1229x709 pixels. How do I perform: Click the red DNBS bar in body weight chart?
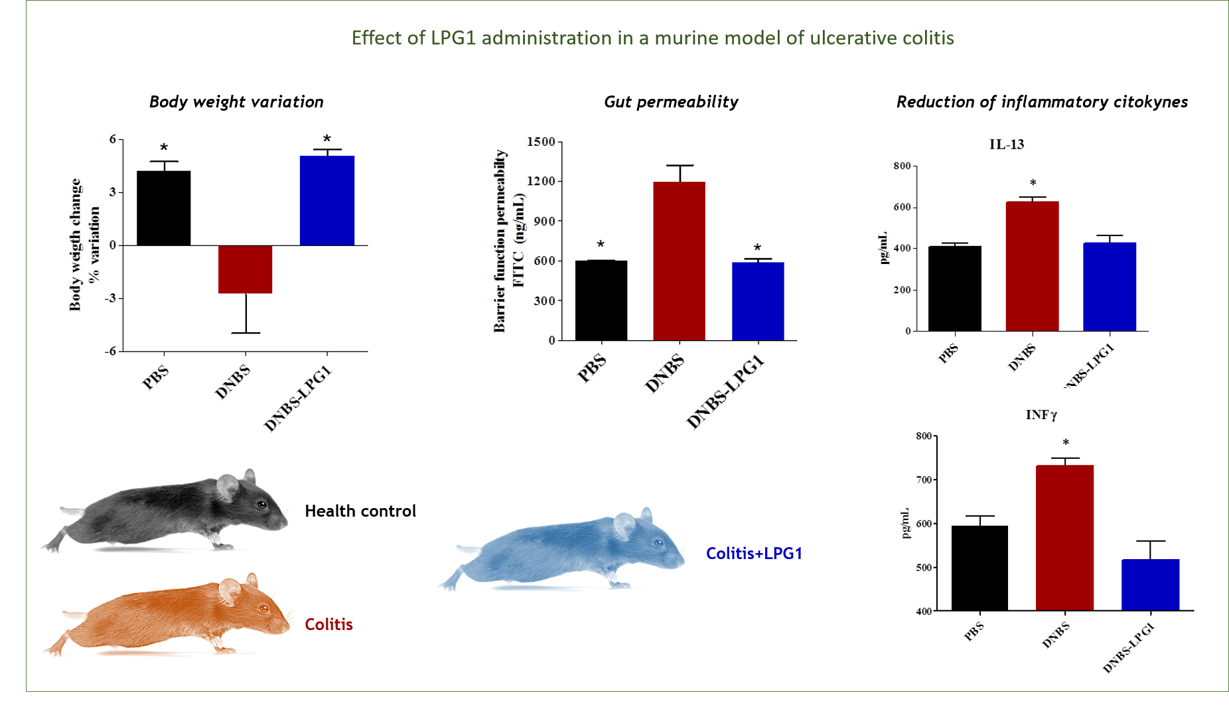245,269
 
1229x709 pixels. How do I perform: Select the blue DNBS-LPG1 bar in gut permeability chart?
758,301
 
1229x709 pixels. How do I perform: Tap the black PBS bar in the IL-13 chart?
954,289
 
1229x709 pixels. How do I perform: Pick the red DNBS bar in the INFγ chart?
1064,537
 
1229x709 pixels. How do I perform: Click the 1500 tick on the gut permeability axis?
542,142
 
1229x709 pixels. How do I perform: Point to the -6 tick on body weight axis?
110,352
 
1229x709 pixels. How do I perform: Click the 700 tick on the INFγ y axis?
924,480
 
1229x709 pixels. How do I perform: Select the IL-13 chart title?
1006,145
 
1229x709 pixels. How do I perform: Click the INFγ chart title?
1041,415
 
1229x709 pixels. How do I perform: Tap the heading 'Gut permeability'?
671,101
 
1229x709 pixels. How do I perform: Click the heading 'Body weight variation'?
236,101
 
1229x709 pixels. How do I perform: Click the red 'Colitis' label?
328,624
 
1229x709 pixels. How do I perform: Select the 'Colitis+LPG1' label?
754,553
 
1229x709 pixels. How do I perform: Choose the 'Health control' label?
360,511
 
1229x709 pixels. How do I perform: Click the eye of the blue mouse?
658,543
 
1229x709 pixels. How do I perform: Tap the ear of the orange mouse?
230,590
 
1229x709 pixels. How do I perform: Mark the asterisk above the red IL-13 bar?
1033,183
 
